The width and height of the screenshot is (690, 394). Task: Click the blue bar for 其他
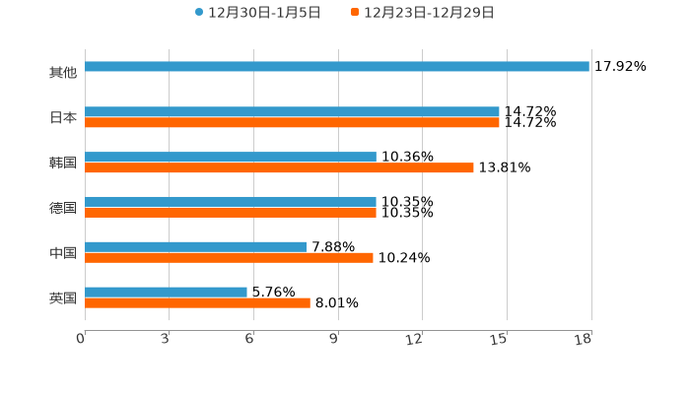pyautogui.click(x=337, y=67)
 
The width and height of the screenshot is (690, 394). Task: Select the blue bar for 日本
pyautogui.click(x=292, y=112)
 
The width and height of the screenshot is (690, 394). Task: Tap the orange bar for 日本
pyautogui.click(x=292, y=123)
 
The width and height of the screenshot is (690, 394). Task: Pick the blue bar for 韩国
pyautogui.click(x=231, y=158)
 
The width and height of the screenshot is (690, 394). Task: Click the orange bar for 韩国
pyautogui.click(x=279, y=168)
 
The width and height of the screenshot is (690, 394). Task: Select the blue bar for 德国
pyautogui.click(x=231, y=202)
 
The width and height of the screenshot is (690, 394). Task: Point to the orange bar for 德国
pyautogui.click(x=231, y=213)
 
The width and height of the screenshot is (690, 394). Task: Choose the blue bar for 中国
pyautogui.click(x=196, y=247)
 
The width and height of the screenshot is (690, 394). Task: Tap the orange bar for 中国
pyautogui.click(x=229, y=258)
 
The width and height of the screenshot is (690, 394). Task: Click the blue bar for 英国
pyautogui.click(x=166, y=292)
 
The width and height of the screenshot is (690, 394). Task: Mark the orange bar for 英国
pyautogui.click(x=197, y=303)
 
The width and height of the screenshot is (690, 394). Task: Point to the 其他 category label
pyautogui.click(x=63, y=73)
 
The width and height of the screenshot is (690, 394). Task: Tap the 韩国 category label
pyautogui.click(x=63, y=163)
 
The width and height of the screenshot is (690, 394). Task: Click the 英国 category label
pyautogui.click(x=63, y=297)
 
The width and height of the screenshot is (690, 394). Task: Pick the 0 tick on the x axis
pyautogui.click(x=81, y=340)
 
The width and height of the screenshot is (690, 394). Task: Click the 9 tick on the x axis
pyautogui.click(x=333, y=340)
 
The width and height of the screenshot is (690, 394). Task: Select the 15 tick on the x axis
pyautogui.click(x=500, y=340)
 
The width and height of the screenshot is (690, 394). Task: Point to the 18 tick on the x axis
pyautogui.click(x=584, y=340)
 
